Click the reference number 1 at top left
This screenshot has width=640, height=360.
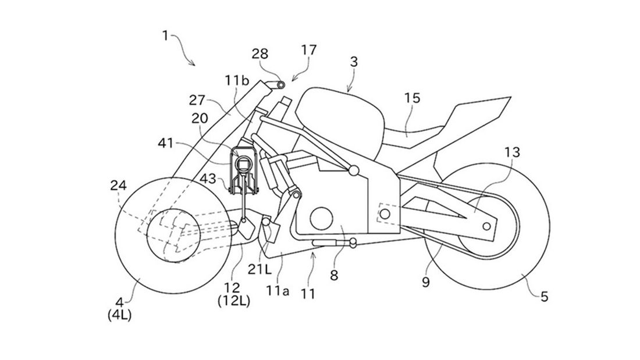click(165, 35)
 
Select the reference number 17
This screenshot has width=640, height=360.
click(309, 50)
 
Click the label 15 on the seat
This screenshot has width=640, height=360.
click(412, 99)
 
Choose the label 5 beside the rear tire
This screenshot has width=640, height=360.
click(545, 297)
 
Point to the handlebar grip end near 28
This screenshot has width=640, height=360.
click(282, 85)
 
